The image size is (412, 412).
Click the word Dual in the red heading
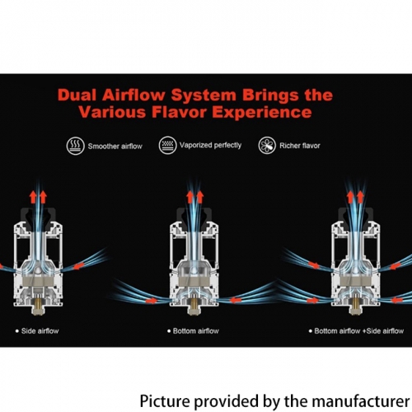point(77,95)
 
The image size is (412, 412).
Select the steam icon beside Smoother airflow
point(75,146)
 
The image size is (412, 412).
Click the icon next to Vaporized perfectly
point(167,145)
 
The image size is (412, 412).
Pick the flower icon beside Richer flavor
point(267,145)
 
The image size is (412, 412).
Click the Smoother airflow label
point(115,146)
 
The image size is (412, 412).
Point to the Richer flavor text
point(300,146)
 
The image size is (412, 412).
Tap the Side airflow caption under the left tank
point(40,331)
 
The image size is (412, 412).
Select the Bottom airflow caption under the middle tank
point(195,331)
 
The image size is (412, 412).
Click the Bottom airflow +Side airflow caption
point(358,331)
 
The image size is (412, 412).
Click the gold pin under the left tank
point(38,302)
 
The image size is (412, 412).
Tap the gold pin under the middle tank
point(194,304)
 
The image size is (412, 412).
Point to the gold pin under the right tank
point(356,304)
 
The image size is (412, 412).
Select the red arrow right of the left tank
point(79,266)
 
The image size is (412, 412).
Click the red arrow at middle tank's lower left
point(151,301)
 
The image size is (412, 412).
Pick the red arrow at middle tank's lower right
point(236,300)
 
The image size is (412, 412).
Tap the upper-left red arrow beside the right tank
point(314,265)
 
